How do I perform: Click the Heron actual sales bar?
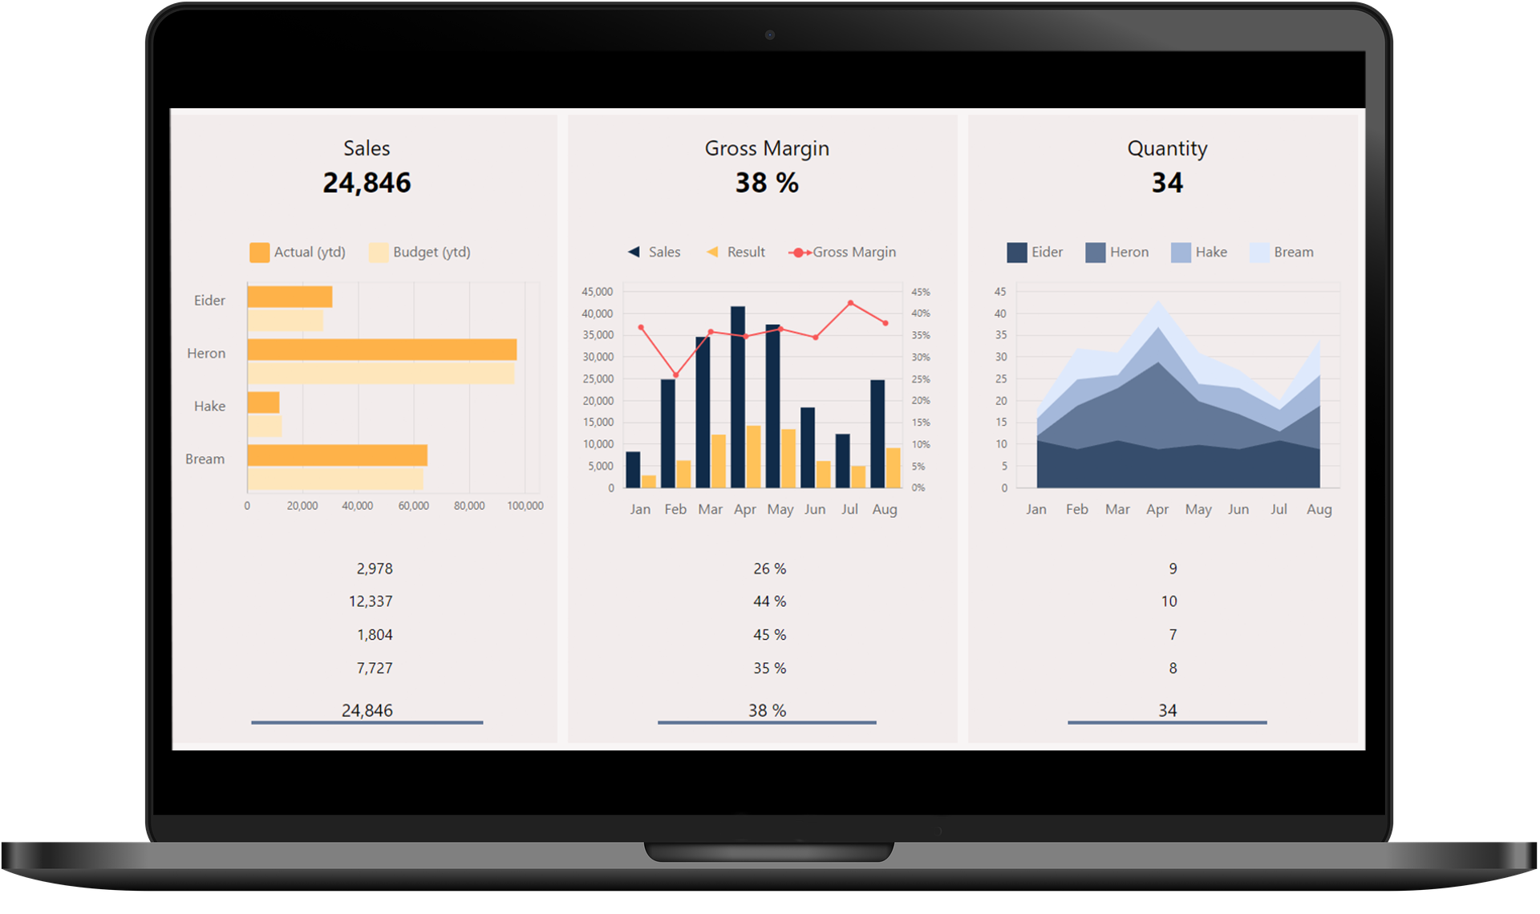(x=382, y=350)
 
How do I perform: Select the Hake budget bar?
(x=265, y=426)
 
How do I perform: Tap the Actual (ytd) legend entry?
(x=298, y=253)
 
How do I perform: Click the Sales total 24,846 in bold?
(x=367, y=183)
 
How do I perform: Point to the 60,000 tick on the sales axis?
(x=413, y=506)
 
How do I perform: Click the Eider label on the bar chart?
(x=209, y=301)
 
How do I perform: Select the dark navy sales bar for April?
(x=738, y=397)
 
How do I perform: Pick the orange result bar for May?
(x=788, y=459)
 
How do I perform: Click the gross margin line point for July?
(x=850, y=303)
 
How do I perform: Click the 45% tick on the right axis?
(x=920, y=292)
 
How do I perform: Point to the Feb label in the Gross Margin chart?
(x=675, y=509)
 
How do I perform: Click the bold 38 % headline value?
(x=767, y=183)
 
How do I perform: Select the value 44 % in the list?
(x=769, y=601)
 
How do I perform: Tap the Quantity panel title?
(x=1167, y=148)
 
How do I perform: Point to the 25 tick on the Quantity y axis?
(x=1001, y=378)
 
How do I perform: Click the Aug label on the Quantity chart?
(x=1319, y=509)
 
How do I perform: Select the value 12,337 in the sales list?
(x=371, y=601)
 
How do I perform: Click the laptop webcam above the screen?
(x=770, y=34)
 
